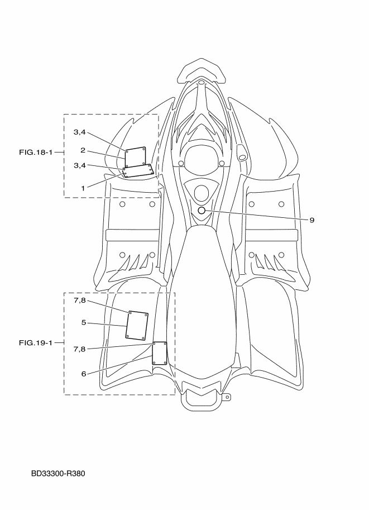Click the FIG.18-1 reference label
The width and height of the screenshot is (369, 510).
point(35,152)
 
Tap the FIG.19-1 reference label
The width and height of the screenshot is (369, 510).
point(35,342)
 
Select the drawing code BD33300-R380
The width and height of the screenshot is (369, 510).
point(59,474)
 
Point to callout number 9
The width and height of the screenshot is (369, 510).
point(312,220)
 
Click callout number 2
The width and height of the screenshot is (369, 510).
point(82,150)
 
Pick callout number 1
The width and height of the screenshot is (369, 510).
point(82,188)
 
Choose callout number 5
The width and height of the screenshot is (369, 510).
point(82,322)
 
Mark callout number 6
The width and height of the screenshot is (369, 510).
point(83,374)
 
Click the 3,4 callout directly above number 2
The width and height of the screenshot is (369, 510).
point(80,132)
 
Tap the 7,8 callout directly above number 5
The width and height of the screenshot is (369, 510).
point(80,301)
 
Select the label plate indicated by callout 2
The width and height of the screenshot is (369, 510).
point(135,157)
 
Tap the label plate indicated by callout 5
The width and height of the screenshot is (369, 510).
point(137,325)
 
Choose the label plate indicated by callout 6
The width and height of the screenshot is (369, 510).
point(160,354)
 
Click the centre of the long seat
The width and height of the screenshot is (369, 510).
point(204,296)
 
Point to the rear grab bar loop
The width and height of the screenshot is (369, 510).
point(202,397)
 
